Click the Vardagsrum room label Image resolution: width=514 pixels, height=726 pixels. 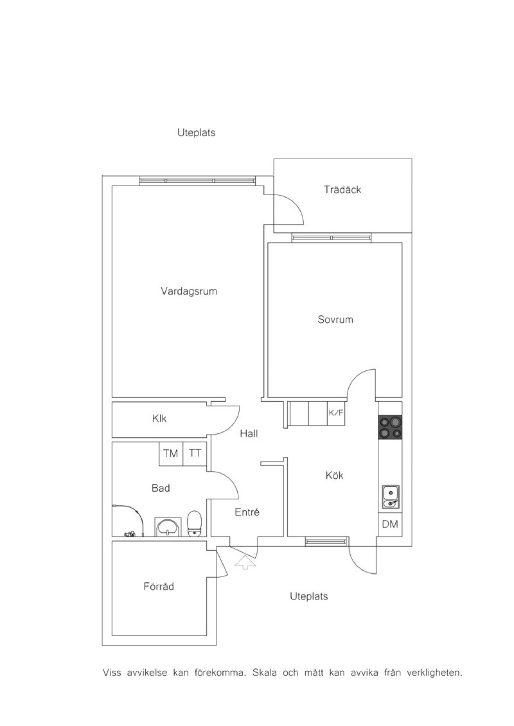tap(189, 291)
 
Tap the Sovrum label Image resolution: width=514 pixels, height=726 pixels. tap(335, 320)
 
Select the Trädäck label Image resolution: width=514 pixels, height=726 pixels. tap(342, 190)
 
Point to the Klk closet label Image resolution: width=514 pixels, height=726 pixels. tap(159, 418)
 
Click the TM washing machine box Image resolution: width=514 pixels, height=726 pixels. tap(171, 454)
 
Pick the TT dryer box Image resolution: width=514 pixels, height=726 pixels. tap(195, 454)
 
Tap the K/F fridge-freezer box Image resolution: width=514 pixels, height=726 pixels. tap(336, 413)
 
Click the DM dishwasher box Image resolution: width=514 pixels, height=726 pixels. tap(390, 524)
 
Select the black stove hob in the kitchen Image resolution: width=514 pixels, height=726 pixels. tap(390, 427)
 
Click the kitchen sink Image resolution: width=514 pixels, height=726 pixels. tap(390, 497)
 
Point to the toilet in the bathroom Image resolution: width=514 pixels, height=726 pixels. tap(195, 523)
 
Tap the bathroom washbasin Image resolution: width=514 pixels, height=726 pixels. tap(168, 527)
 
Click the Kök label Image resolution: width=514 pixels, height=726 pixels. tap(334, 475)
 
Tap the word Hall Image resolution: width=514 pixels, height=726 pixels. tap(249, 434)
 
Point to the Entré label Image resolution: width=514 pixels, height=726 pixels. tap(247, 512)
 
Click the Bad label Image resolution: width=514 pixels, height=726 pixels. tap(161, 488)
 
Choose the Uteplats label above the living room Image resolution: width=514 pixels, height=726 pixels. tap(196, 133)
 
